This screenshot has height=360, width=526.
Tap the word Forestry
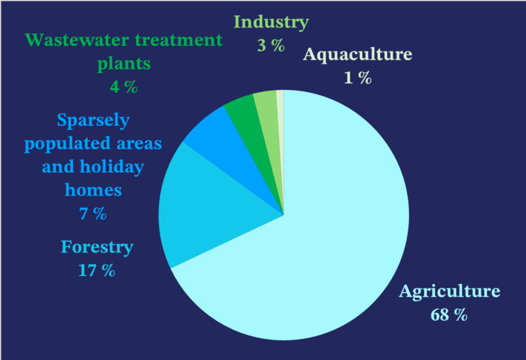[x=97, y=247]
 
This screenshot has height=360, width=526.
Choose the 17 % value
[x=97, y=270]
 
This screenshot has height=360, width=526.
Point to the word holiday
[x=112, y=167]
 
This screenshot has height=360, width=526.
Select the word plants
[x=124, y=64]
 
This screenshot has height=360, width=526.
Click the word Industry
[x=271, y=22]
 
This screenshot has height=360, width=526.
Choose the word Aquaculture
[x=357, y=54]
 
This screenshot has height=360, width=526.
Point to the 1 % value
[x=357, y=78]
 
